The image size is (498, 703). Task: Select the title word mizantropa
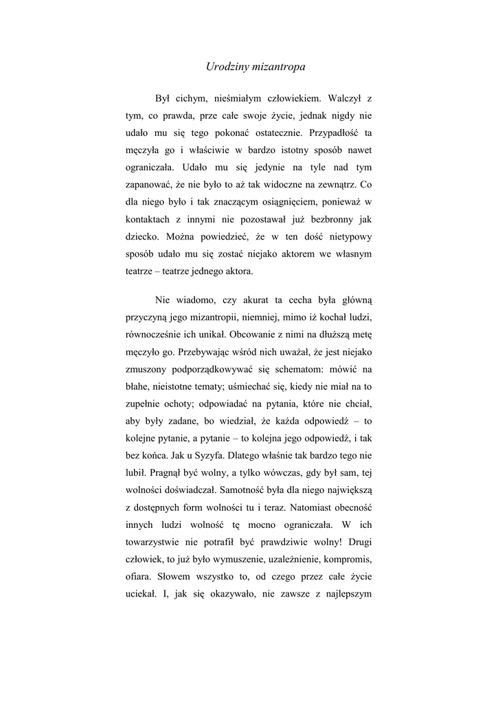pos(278,67)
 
